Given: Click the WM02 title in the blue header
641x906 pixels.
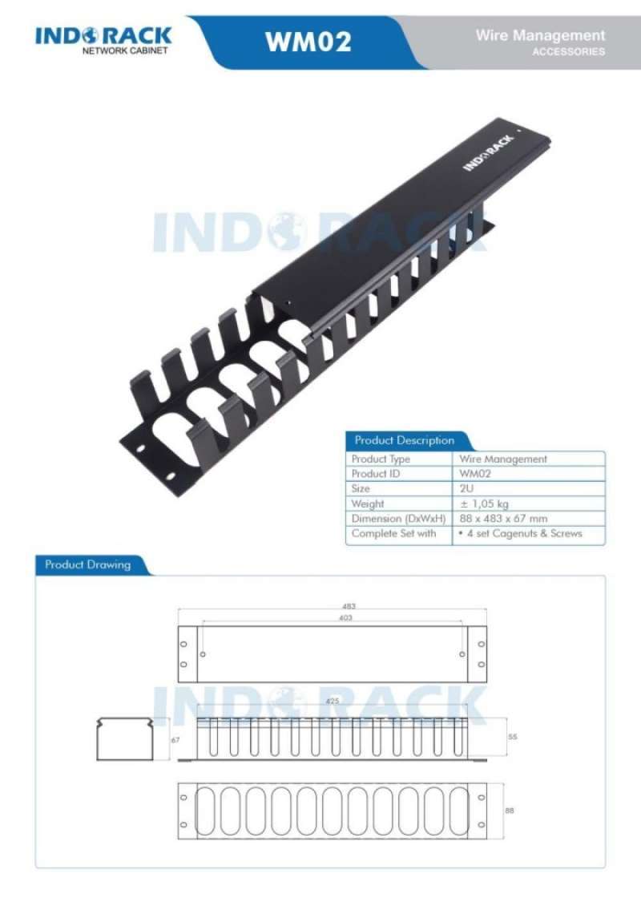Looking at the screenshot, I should click(308, 41).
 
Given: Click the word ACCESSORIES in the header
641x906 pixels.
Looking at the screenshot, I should click(569, 52).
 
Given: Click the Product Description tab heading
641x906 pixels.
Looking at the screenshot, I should click(404, 440).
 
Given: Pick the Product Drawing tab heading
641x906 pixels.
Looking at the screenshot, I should click(87, 564).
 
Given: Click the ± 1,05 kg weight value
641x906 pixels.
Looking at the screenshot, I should click(484, 504).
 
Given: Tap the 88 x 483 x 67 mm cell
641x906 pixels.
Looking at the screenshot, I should click(503, 519).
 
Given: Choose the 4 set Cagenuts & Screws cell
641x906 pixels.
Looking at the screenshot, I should click(520, 533).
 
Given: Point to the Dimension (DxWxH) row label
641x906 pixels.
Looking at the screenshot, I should click(398, 519).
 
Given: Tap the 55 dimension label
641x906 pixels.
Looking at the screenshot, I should click(513, 736).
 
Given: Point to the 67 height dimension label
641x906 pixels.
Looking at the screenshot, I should click(175, 741).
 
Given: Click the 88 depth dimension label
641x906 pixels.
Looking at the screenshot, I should click(509, 811).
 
